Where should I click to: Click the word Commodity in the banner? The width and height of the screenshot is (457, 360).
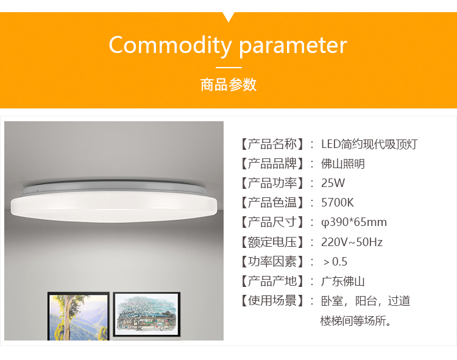[x=170, y=45]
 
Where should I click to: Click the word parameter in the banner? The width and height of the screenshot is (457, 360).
[x=293, y=46]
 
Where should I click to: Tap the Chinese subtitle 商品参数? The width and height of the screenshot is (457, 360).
[x=228, y=85]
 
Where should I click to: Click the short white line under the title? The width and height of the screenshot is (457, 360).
[x=228, y=67]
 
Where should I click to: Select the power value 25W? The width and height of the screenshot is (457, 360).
[x=333, y=183]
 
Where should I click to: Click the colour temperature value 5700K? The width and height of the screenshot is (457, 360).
[x=337, y=203]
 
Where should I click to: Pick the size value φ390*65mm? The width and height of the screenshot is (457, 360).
[x=354, y=222]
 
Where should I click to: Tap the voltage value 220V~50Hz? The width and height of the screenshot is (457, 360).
[x=352, y=242]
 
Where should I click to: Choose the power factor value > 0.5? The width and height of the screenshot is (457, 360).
[x=335, y=261]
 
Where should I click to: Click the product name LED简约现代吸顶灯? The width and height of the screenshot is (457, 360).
[x=369, y=144]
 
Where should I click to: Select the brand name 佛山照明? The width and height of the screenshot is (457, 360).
[x=342, y=164]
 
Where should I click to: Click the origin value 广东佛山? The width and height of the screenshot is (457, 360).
[x=342, y=281]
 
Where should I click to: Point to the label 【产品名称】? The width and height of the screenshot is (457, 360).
[x=272, y=144]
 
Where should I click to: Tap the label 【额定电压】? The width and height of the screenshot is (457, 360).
[x=272, y=242]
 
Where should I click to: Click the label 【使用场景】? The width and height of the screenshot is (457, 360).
[x=272, y=301]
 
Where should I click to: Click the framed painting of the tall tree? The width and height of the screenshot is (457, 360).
[x=79, y=316]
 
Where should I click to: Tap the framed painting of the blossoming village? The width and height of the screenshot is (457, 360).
[x=147, y=314]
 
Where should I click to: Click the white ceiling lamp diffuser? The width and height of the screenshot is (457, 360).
[x=114, y=206]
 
